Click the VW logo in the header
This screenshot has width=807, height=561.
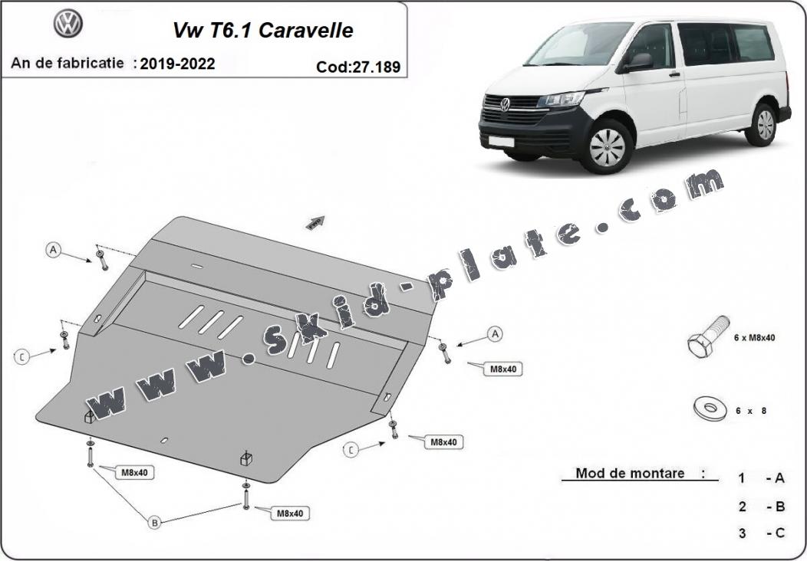coord(68,23)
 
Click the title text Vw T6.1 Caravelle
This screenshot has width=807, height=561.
coord(263,31)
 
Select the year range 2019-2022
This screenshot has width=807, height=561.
coord(177,64)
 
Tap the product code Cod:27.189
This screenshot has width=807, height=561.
coord(358,67)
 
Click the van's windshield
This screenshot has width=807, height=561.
coord(579,44)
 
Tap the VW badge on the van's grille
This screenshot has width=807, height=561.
coord(505,104)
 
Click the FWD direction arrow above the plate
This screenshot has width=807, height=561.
coord(315,222)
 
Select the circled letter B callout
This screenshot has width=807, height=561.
coord(154,523)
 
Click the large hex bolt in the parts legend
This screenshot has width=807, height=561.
coord(708,336)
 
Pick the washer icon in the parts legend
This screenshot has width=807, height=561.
coord(710,408)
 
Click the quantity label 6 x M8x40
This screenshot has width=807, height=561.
coord(754,338)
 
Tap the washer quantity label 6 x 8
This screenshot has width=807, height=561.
coord(751,411)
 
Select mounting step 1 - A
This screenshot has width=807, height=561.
coord(762,478)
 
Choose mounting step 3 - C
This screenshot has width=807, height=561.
coord(762,533)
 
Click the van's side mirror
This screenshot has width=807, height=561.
coord(638,63)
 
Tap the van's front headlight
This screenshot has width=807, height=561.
coord(561,99)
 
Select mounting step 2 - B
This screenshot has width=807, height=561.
coord(762,507)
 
